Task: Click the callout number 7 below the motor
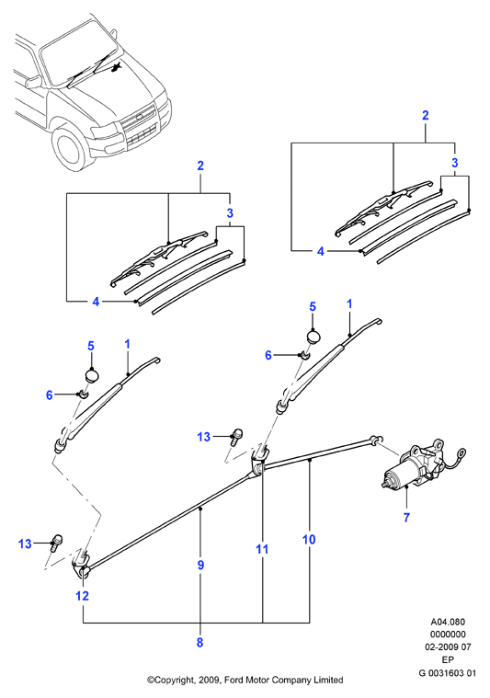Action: coord(406,518)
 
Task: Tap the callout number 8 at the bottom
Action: coord(199,642)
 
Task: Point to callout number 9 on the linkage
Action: coord(200,565)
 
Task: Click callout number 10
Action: coord(309,540)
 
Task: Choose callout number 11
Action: coord(262,549)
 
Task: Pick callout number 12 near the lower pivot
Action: coord(83,596)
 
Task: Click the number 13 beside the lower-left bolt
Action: coord(25,544)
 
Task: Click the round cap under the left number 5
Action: coord(92,375)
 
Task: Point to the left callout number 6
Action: coord(50,395)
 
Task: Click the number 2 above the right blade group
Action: coord(425,115)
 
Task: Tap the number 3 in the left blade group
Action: coord(230,212)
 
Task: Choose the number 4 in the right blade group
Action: coord(321,251)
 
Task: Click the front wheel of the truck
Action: coord(70,148)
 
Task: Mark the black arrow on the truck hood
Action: coord(117,68)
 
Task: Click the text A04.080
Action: coord(448,622)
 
